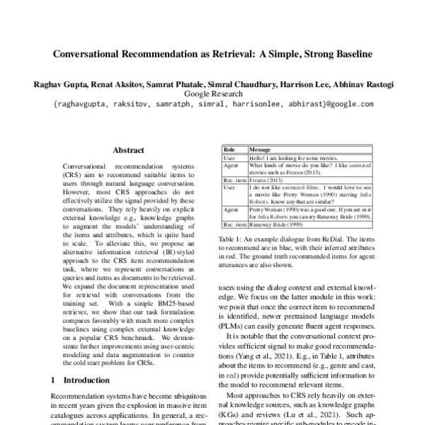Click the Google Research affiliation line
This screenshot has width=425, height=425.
[212, 93]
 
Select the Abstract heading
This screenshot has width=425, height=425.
[128, 150]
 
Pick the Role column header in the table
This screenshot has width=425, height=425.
[229, 151]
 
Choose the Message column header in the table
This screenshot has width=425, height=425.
[261, 151]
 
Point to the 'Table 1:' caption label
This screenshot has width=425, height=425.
[231, 240]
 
